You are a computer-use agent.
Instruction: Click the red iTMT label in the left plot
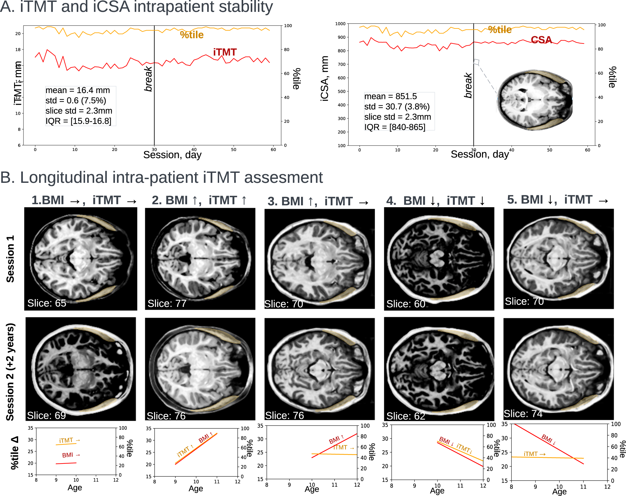[225, 52]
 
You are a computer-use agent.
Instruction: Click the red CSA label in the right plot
[541, 40]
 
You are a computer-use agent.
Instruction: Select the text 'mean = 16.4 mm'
[78, 90]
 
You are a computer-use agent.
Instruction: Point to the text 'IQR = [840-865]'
[395, 127]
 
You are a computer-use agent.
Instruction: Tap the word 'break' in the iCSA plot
[468, 85]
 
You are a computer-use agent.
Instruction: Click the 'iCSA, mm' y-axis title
[325, 79]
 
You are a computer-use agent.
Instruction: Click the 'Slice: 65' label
[47, 303]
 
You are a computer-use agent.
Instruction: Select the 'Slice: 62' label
[406, 416]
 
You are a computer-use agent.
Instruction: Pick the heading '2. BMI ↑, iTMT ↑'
[199, 200]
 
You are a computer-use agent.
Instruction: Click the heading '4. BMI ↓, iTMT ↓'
[435, 201]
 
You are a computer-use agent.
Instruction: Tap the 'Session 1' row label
[10, 259]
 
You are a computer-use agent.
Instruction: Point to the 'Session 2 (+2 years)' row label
[10, 372]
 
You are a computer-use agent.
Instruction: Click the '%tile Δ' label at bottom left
[15, 453]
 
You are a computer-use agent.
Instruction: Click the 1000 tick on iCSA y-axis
[340, 24]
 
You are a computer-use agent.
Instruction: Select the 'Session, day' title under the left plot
[172, 155]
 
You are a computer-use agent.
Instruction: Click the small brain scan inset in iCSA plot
[535, 100]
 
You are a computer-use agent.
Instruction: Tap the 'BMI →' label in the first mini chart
[71, 455]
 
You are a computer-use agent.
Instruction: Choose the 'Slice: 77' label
[167, 303]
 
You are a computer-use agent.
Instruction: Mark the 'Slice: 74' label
[523, 413]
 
